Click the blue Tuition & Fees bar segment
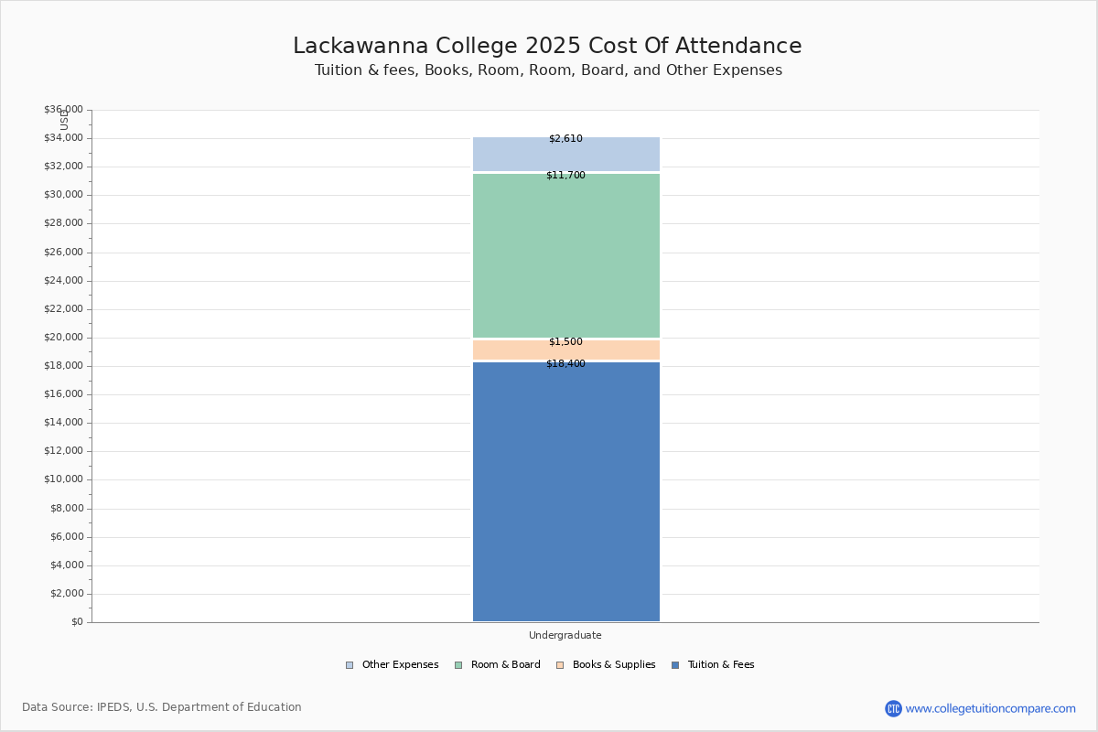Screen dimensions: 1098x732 click(x=566, y=491)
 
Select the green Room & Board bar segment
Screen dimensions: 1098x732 click(x=566, y=256)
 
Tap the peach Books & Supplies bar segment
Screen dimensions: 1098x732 click(x=566, y=350)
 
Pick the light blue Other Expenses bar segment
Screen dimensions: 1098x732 click(x=566, y=155)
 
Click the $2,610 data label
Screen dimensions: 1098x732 click(x=565, y=139)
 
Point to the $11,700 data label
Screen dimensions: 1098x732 click(x=565, y=175)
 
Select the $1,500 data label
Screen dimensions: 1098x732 click(x=565, y=341)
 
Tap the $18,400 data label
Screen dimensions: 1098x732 click(x=565, y=364)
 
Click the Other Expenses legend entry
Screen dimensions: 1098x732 click(x=393, y=665)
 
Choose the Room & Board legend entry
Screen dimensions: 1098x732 click(x=498, y=665)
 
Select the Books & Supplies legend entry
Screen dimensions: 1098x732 click(x=607, y=665)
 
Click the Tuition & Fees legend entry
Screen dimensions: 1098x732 click(x=714, y=665)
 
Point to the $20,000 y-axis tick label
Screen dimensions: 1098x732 click(x=64, y=338)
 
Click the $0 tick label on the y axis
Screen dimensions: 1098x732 click(x=78, y=622)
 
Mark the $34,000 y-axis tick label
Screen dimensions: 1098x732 click(x=64, y=138)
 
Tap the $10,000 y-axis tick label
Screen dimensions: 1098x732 click(x=64, y=479)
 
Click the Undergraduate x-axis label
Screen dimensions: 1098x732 click(x=565, y=635)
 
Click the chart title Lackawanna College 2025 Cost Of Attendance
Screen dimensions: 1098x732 click(x=547, y=46)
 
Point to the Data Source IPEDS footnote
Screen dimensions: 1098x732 click(x=162, y=707)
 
